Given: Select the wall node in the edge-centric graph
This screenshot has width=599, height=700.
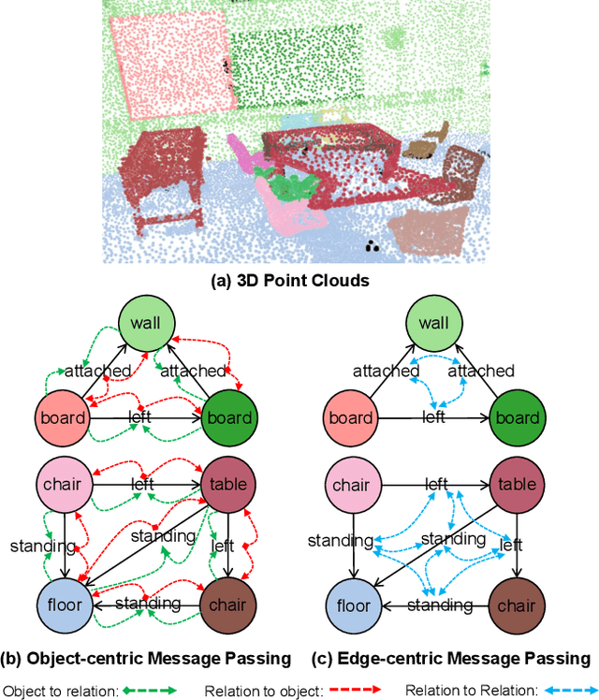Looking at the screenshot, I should click(433, 324).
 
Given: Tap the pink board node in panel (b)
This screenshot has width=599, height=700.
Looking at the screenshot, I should click(63, 418).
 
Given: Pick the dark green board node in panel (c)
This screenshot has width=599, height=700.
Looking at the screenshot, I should click(517, 418).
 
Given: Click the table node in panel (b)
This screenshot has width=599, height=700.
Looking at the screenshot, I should click(229, 484).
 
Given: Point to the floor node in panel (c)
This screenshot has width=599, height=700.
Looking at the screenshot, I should click(351, 605).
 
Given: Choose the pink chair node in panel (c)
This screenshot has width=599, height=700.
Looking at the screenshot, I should click(351, 484).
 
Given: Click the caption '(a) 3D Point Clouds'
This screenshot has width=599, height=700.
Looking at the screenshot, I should click(299, 279).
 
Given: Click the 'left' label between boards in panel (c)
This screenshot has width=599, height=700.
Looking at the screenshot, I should click(433, 416).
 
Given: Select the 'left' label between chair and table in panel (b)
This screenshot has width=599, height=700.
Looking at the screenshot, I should click(142, 484).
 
